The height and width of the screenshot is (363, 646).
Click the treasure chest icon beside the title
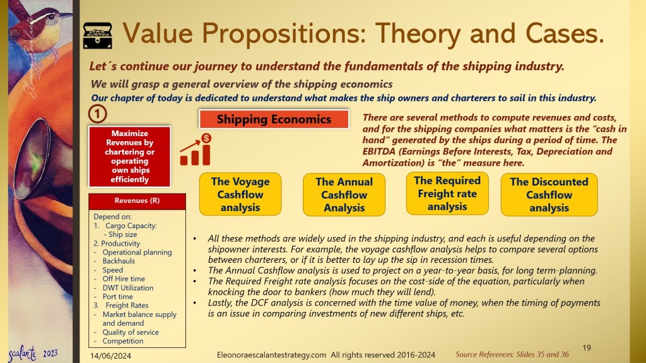coord(98,35)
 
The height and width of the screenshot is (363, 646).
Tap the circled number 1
coord(97,114)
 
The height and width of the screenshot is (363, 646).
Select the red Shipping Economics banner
coord(274,119)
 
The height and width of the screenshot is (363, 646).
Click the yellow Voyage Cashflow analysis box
coord(240,194)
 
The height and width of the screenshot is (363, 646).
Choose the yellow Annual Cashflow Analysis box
coord(344,195)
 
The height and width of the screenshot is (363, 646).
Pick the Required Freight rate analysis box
coord(447,193)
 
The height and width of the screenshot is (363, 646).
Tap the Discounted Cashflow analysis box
coord(549,195)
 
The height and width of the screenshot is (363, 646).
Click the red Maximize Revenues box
coord(130,156)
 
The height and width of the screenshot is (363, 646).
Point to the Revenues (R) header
coord(137,201)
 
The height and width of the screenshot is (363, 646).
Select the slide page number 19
coord(587,348)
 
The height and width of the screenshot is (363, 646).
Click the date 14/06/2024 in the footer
coord(110,355)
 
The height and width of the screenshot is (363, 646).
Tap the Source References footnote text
coord(512,354)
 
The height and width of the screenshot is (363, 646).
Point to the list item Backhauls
coord(119,261)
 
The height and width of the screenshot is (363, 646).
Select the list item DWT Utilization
coord(127,287)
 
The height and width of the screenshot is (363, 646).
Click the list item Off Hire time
coord(124,279)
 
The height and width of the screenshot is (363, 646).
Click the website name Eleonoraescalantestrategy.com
coord(271,355)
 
